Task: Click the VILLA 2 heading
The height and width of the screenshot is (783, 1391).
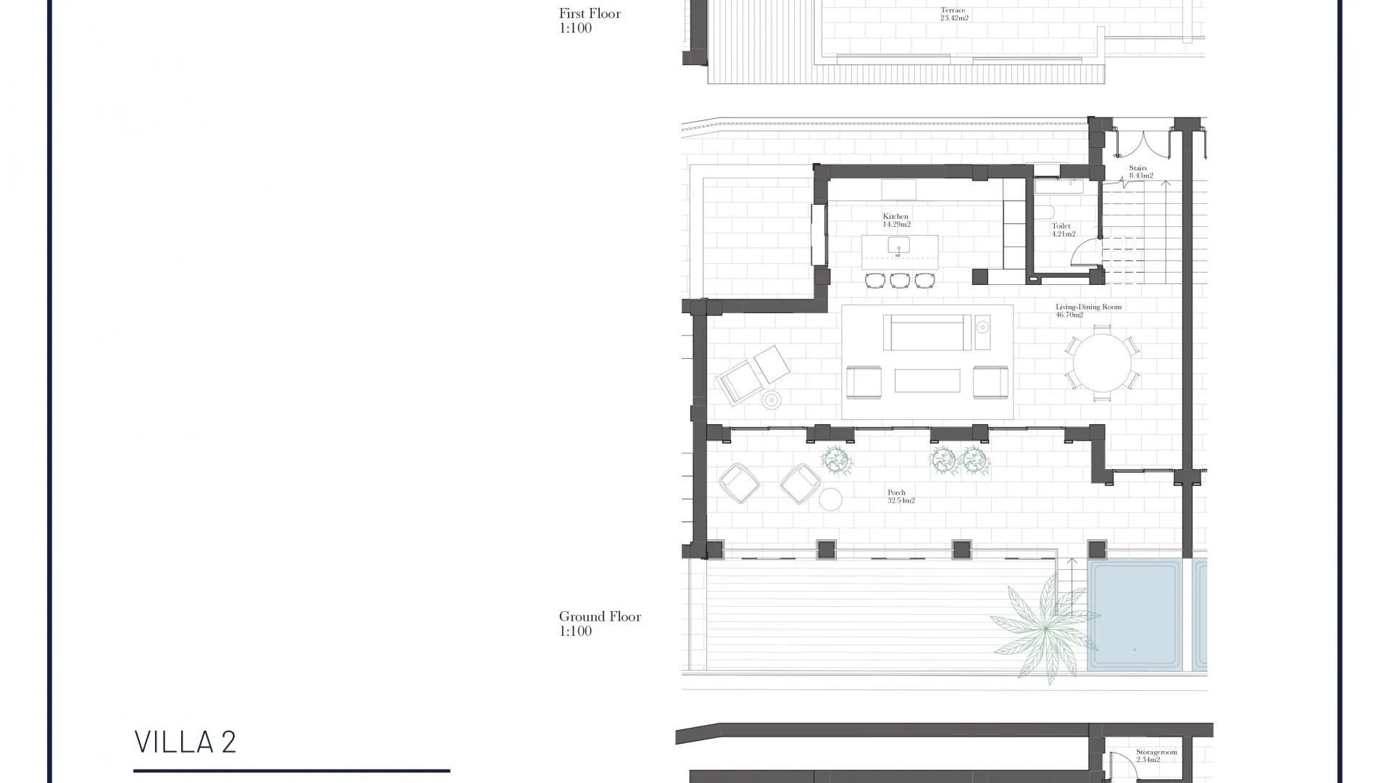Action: click(x=185, y=742)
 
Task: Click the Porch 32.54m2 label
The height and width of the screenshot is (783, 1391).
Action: click(x=901, y=497)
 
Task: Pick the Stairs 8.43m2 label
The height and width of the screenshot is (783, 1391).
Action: click(x=1140, y=172)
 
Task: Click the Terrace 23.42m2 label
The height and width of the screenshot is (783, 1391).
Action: click(x=954, y=14)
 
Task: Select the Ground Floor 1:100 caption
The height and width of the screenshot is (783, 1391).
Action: click(x=600, y=623)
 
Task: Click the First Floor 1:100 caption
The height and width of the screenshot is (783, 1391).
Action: click(x=590, y=20)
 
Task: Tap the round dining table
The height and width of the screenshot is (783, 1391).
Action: click(x=1102, y=362)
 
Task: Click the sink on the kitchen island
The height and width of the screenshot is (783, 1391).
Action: click(x=898, y=245)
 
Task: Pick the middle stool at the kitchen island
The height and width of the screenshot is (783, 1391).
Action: click(x=900, y=280)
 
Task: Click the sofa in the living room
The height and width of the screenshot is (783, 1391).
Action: click(x=927, y=332)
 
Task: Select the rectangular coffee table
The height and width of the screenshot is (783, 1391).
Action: click(x=927, y=381)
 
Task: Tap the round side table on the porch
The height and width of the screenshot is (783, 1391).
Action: click(x=830, y=500)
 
